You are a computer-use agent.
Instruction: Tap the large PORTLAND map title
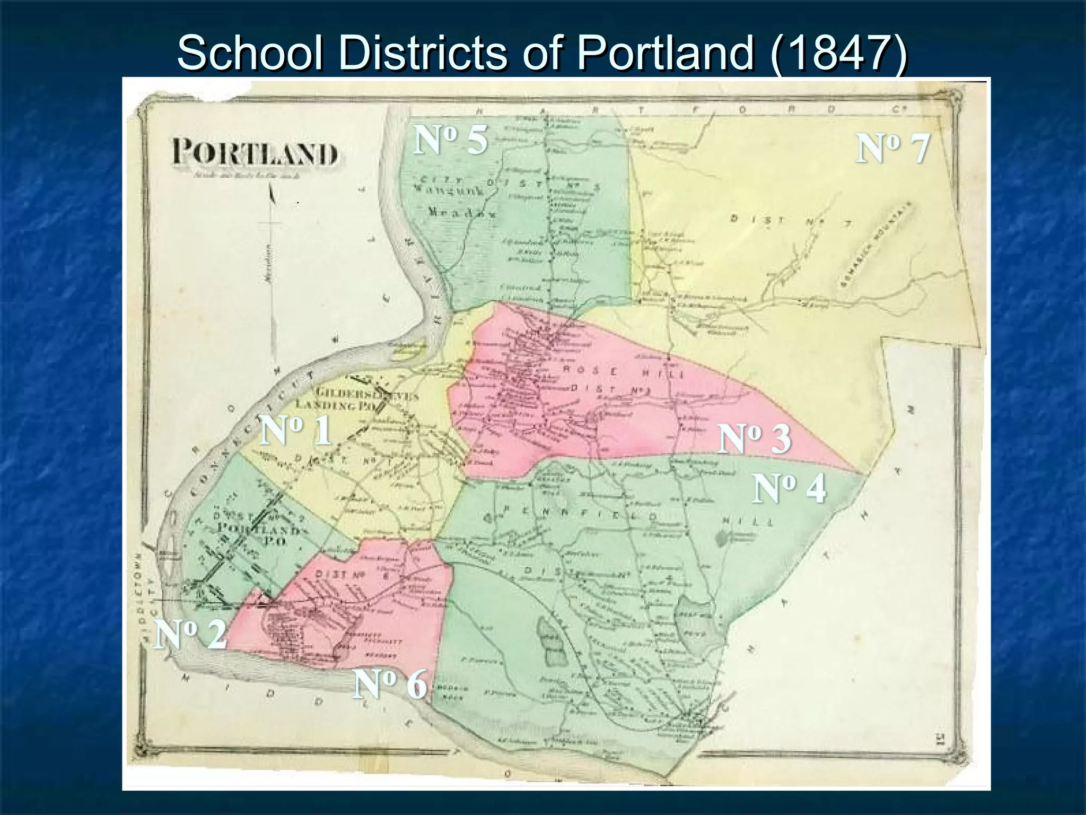click(x=255, y=154)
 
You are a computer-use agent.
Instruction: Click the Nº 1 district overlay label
click(x=295, y=430)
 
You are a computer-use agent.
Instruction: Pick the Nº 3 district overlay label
click(x=754, y=439)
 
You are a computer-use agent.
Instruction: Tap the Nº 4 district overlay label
click(x=789, y=489)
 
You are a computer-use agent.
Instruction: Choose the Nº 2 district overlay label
click(x=190, y=635)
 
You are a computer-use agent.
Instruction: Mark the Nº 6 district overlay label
click(x=390, y=684)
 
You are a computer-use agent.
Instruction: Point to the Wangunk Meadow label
click(x=456, y=202)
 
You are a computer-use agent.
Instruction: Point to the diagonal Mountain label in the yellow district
click(x=875, y=244)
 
